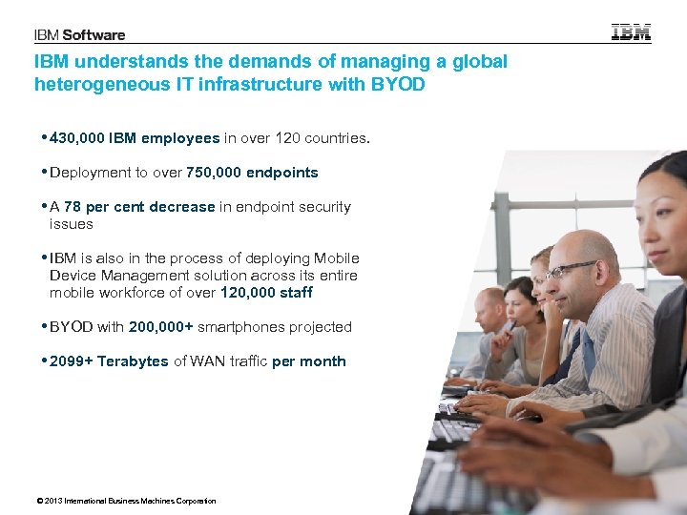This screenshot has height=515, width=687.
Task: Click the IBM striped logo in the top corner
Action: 631,31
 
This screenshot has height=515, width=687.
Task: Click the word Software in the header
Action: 95,35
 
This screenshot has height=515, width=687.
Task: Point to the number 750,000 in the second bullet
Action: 215,173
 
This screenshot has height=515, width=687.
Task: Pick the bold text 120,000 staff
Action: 266,293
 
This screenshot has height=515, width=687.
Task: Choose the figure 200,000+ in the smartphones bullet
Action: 161,327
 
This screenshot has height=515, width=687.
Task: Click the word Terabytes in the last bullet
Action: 133,361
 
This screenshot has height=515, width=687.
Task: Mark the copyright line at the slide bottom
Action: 125,501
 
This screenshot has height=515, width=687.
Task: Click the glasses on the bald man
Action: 571,269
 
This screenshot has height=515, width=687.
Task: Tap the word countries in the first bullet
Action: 339,138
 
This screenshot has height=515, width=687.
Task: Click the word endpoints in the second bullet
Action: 282,173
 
